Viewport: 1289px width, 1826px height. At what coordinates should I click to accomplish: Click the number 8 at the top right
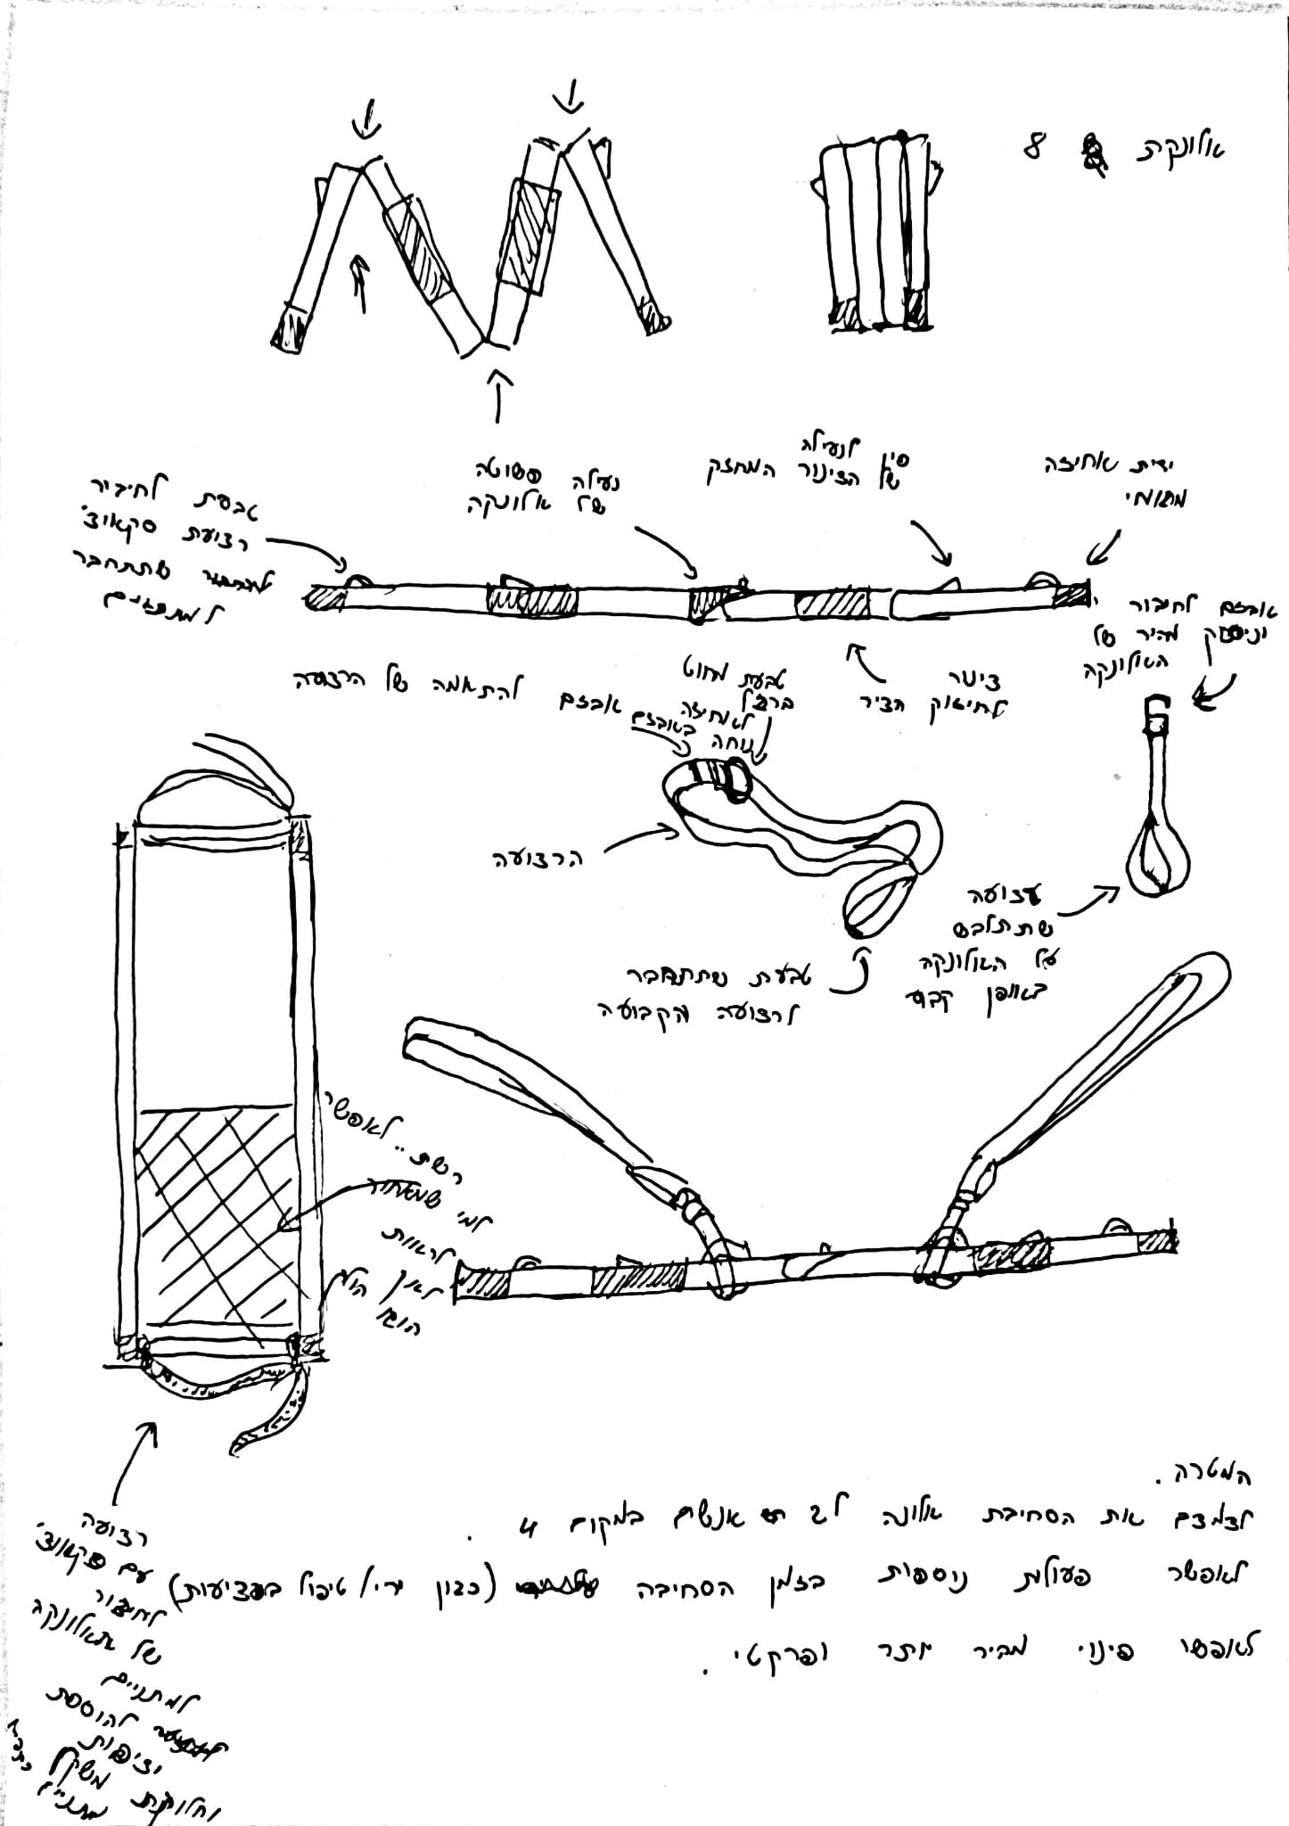click(x=1034, y=147)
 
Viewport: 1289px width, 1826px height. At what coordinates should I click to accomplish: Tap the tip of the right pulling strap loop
click(x=1212, y=968)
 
